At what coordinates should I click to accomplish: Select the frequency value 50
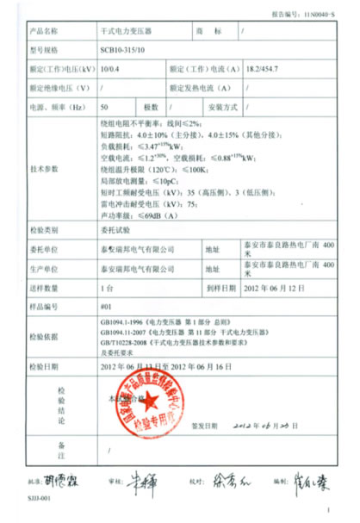tap(105, 107)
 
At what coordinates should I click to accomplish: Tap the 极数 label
tap(151, 107)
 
